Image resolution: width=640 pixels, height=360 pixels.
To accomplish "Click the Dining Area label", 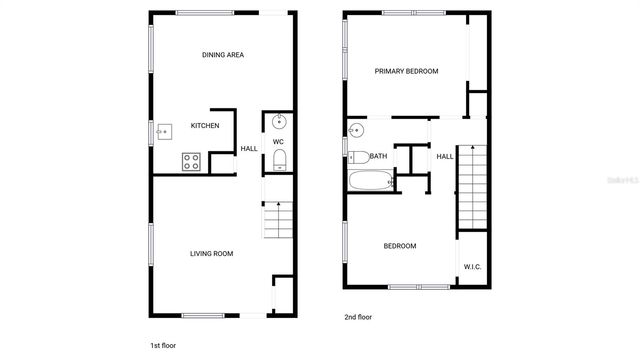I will click(223, 55).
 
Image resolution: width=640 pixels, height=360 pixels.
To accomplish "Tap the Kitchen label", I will click(205, 126).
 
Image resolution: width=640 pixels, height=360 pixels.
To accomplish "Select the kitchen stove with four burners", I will click(192, 160).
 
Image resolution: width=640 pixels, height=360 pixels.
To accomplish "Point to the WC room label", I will click(279, 142).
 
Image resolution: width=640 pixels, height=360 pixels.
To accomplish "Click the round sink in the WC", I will click(279, 123).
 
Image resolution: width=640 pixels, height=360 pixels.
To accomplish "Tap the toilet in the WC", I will click(279, 162).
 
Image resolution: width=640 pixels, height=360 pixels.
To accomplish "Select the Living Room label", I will click(211, 254).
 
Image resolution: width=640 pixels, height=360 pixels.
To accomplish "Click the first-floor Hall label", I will click(249, 149).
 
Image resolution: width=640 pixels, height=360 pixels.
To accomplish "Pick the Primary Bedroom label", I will click(407, 71).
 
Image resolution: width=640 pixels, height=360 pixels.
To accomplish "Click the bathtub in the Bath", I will click(372, 181).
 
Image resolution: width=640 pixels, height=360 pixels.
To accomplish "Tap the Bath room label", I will click(379, 156).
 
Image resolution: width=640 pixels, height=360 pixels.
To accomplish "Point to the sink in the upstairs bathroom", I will click(357, 130).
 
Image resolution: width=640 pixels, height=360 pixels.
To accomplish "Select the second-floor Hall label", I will click(445, 156).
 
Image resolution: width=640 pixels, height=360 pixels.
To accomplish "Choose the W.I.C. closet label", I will click(473, 266).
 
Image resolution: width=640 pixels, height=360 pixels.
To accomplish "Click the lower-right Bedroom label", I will click(400, 246).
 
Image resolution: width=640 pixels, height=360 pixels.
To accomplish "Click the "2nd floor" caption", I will click(358, 317).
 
